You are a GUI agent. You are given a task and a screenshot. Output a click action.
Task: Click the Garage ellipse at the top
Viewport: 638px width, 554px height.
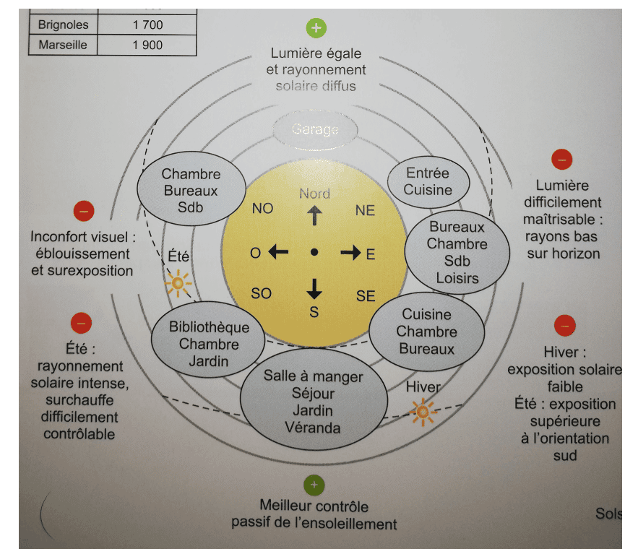pyautogui.click(x=315, y=129)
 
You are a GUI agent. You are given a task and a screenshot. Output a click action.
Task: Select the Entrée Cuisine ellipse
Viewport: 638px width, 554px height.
pyautogui.click(x=428, y=181)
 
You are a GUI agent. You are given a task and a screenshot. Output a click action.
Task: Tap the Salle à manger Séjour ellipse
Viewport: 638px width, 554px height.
pyautogui.click(x=313, y=402)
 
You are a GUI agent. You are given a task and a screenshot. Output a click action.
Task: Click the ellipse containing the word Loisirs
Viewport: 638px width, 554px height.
pyautogui.click(x=452, y=251)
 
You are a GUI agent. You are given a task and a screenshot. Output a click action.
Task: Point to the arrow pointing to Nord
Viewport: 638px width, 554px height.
pyautogui.click(x=314, y=215)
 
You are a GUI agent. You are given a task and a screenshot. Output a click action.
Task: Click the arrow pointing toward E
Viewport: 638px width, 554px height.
pyautogui.click(x=350, y=252)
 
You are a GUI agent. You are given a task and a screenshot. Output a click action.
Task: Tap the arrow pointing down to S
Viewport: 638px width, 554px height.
pyautogui.click(x=314, y=287)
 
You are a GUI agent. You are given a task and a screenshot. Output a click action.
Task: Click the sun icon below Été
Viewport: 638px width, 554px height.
pyautogui.click(x=178, y=283)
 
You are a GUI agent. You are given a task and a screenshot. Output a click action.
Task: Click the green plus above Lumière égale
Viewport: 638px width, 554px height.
pyautogui.click(x=316, y=28)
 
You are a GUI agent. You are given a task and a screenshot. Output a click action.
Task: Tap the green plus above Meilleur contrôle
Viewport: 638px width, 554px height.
pyautogui.click(x=314, y=485)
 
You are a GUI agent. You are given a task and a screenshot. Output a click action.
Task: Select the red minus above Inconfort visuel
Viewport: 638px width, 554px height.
pyautogui.click(x=84, y=212)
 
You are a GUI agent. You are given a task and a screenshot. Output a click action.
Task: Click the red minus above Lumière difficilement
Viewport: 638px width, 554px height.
pyautogui.click(x=561, y=160)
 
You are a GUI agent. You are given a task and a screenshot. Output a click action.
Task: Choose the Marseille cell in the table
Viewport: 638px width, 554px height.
pyautogui.click(x=63, y=45)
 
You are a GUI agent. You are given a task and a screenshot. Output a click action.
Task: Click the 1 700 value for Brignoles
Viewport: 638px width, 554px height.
pyautogui.click(x=148, y=25)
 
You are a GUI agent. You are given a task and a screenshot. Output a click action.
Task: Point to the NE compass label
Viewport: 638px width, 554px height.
pyautogui.click(x=366, y=210)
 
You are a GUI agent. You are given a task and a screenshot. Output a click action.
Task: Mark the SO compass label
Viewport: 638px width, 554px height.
pyautogui.click(x=262, y=293)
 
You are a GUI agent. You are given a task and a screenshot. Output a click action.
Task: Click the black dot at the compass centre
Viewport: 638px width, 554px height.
pyautogui.click(x=314, y=252)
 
